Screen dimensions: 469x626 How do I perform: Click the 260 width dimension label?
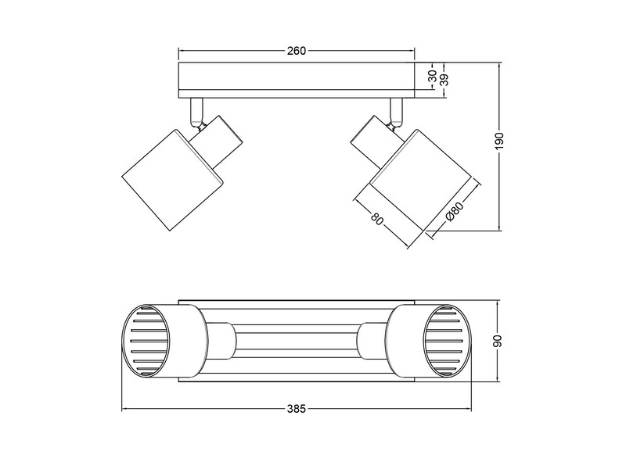click(295, 51)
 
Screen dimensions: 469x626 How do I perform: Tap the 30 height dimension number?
click(432, 76)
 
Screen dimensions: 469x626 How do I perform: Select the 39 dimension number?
click(444, 78)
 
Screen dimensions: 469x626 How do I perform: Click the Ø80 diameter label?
click(453, 214)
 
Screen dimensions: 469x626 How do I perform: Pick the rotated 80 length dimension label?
click(379, 219)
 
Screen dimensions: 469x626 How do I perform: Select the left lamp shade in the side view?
click(173, 177)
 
